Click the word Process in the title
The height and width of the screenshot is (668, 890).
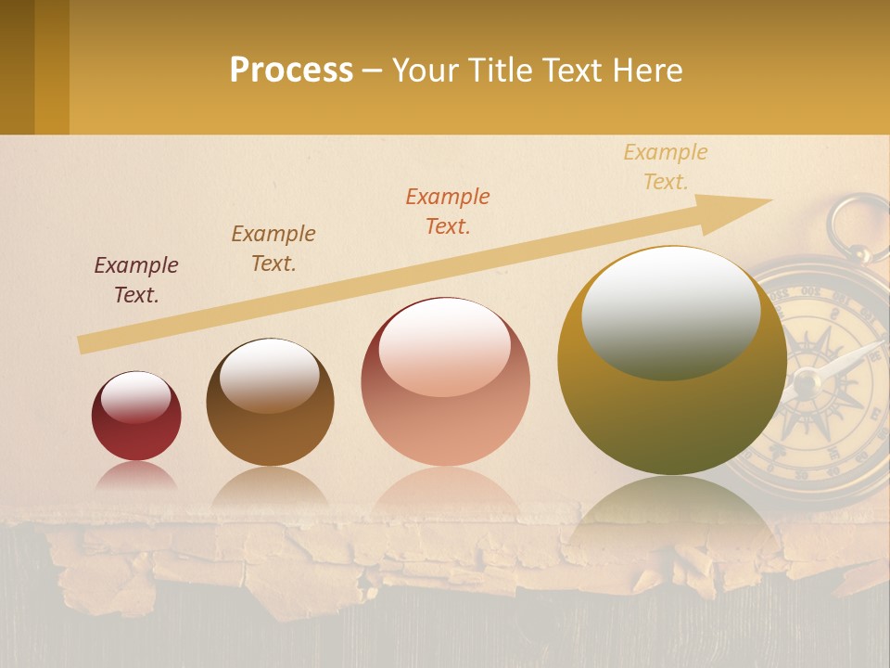pos(291,71)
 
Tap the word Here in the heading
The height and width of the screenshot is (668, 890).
pos(646,71)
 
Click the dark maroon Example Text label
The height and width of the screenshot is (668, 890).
pos(136,280)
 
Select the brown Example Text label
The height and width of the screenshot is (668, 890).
pos(273,249)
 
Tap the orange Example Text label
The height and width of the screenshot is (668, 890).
pos(448,212)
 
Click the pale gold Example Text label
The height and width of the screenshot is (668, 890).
pos(666,167)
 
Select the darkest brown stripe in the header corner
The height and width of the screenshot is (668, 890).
pos(17,67)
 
